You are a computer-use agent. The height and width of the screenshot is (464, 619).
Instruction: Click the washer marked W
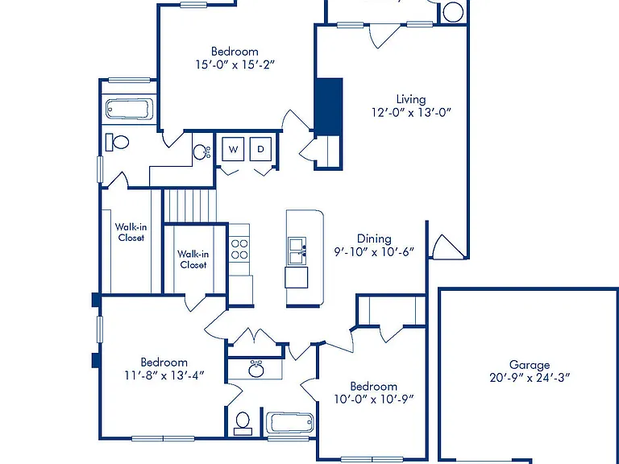[233, 149]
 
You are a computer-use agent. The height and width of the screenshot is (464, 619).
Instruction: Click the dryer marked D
[260, 149]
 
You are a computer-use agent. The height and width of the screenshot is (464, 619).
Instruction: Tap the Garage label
[530, 365]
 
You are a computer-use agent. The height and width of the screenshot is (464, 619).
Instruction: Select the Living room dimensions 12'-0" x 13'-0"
[411, 113]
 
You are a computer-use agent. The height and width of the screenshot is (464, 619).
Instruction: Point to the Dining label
[374, 238]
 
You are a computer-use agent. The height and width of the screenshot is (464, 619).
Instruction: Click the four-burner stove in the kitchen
[239, 250]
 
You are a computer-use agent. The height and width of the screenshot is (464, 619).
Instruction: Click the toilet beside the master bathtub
[117, 142]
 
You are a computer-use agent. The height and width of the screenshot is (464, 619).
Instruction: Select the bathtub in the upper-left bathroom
[129, 108]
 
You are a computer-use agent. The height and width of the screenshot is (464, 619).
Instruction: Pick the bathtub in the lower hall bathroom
[290, 423]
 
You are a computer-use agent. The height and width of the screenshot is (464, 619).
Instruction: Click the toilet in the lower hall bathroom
[243, 424]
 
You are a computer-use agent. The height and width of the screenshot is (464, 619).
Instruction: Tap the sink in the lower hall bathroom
[256, 370]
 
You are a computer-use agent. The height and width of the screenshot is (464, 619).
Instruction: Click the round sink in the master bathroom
[201, 151]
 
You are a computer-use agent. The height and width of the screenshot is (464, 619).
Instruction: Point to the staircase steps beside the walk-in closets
[190, 205]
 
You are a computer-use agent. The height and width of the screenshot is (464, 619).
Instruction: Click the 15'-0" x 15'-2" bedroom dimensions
[235, 64]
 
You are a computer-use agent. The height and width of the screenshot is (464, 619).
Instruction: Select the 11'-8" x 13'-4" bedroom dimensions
[164, 375]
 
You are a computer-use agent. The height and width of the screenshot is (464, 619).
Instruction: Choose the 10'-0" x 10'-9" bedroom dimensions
[374, 399]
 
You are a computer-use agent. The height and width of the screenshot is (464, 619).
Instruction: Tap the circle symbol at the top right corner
[453, 12]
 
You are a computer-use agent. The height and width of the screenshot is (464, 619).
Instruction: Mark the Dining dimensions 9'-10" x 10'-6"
[374, 251]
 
